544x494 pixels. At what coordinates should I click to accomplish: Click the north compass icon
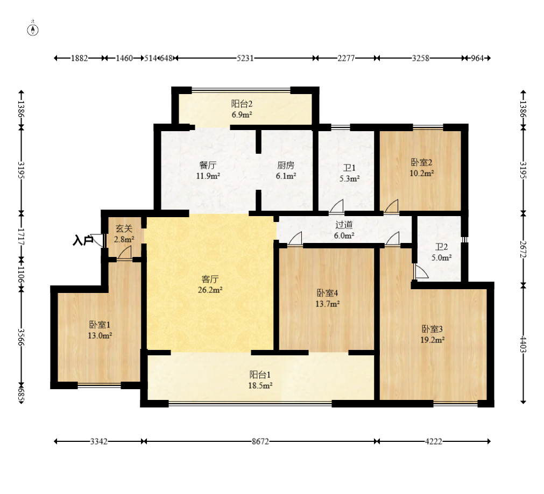[x=33, y=30]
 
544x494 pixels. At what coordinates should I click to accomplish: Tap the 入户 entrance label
[x=83, y=240]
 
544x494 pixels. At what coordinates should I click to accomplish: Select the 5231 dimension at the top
[x=245, y=58]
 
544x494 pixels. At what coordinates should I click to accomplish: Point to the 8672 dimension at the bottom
[x=260, y=441]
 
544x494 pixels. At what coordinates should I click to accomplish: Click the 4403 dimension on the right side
[x=523, y=344]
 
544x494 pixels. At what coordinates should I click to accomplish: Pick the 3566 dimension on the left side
[x=22, y=337]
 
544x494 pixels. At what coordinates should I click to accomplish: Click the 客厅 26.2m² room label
[x=210, y=284]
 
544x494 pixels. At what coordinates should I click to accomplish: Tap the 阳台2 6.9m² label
[x=242, y=109]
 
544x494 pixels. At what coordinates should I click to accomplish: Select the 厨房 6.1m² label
[x=286, y=170]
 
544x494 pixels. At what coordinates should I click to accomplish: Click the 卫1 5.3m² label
[x=349, y=173]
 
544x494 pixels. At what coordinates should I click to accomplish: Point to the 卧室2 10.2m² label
[x=421, y=167]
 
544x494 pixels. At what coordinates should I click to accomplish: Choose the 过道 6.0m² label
[x=344, y=230]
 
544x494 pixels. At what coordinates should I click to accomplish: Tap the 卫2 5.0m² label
[x=441, y=252]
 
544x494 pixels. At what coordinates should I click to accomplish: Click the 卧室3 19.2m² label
[x=432, y=334]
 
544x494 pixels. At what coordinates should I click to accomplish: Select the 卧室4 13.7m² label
[x=327, y=298]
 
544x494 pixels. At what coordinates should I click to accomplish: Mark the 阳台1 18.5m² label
[x=260, y=380]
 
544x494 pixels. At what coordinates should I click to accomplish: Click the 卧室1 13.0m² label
[x=100, y=330]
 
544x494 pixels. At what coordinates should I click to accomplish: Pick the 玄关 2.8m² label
[x=124, y=234]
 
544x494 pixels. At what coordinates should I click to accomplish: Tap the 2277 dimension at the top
[x=346, y=58]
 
